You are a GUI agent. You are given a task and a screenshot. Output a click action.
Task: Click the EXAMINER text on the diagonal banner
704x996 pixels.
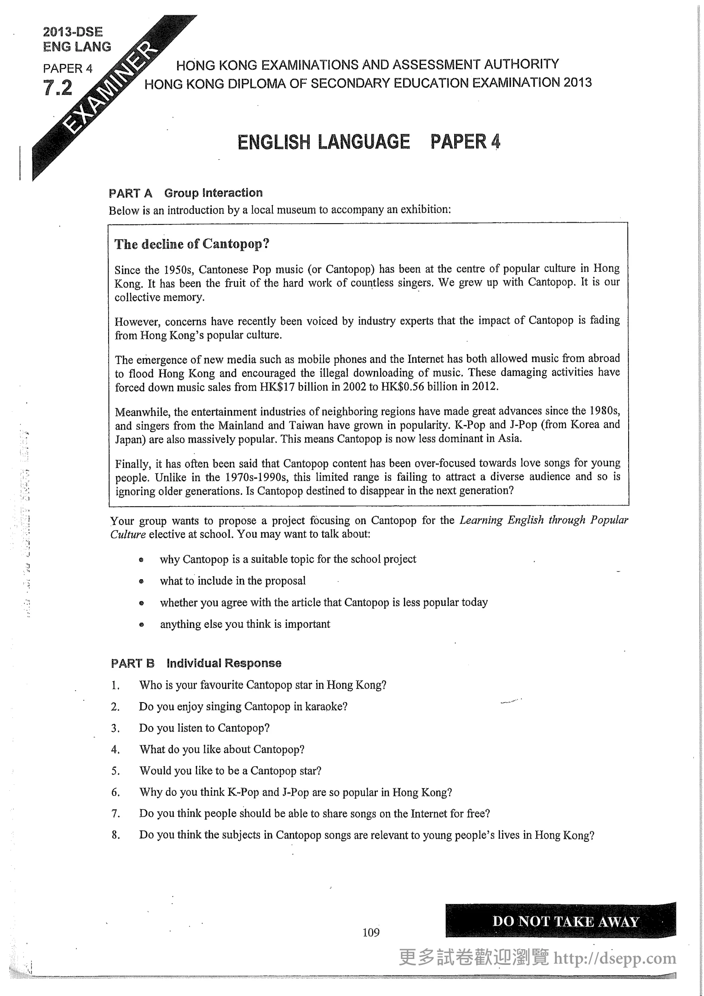click(111, 89)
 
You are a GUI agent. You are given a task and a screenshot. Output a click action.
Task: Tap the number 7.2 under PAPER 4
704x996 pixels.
click(57, 88)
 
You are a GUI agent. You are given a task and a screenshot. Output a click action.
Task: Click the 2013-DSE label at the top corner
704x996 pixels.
click(73, 32)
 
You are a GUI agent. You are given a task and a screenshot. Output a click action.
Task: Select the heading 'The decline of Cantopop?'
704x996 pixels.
click(192, 244)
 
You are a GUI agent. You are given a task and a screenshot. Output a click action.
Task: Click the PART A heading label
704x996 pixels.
click(131, 193)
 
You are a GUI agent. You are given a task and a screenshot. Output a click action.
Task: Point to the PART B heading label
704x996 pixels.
click(133, 663)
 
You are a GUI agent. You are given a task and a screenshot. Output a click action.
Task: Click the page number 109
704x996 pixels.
click(371, 932)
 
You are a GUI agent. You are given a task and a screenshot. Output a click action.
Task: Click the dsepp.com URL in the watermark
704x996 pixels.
click(615, 958)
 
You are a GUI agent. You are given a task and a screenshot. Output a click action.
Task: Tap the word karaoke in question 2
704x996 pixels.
click(324, 707)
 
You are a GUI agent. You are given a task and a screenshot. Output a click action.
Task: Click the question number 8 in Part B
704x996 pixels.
click(115, 835)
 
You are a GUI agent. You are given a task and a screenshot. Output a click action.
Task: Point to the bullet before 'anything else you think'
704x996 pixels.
click(141, 625)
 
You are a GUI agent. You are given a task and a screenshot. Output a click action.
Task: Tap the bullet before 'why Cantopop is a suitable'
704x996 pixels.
click(141, 560)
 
